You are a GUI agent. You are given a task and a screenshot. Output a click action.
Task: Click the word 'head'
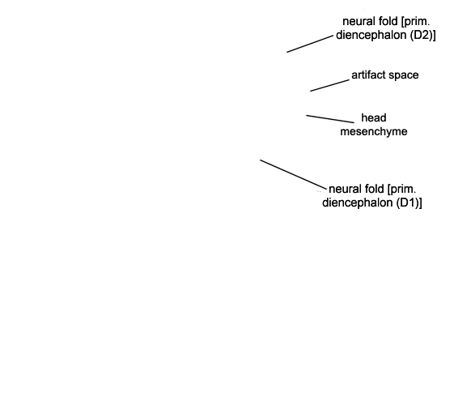[x=374, y=118]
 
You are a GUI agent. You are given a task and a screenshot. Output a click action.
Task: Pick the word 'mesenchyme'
[x=374, y=132]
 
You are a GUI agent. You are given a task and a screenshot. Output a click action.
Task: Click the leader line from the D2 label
[x=310, y=44]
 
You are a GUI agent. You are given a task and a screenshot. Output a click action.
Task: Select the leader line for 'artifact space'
[x=330, y=86]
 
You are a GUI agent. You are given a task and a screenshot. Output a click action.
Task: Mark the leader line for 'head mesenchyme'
[x=330, y=119]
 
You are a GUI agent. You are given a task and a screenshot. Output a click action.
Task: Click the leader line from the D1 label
[x=293, y=174]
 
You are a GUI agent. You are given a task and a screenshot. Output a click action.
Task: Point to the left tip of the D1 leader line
[x=261, y=160]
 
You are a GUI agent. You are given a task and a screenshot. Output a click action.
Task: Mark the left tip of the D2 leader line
[x=287, y=52]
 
